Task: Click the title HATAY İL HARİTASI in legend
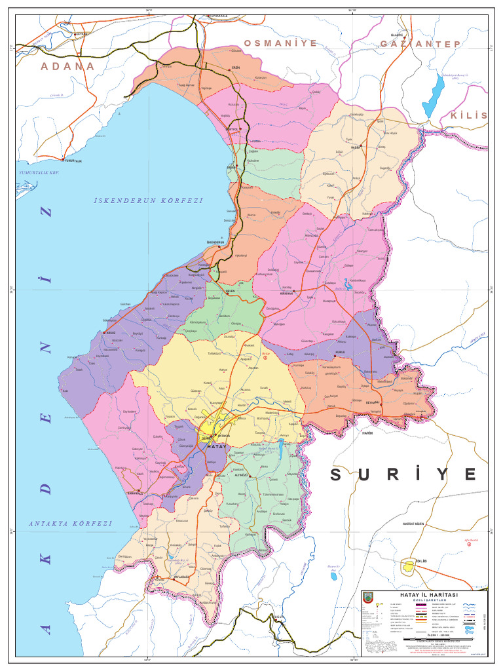tap(433, 594)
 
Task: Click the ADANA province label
tap(67, 66)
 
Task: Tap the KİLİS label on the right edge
tap(469, 115)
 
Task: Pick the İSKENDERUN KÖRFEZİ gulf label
tap(147, 201)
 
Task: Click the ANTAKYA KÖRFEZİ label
tap(71, 524)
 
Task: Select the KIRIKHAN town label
tap(287, 294)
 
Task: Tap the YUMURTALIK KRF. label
tap(39, 172)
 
